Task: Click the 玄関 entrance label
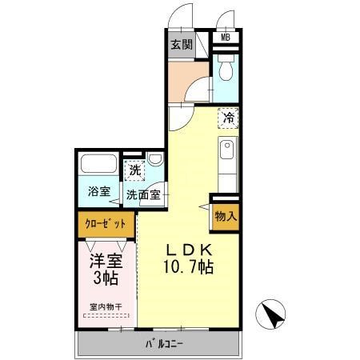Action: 182,45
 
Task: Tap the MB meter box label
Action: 226,38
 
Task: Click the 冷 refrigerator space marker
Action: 229,118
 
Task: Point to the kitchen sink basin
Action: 226,150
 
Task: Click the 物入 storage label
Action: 226,217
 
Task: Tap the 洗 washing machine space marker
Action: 134,170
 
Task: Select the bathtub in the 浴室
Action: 98,163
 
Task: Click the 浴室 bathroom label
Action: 99,191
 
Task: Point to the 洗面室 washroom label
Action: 143,195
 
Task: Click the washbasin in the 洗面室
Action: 155,159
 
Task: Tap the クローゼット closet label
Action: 106,224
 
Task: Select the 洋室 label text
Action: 106,261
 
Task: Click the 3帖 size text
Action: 106,278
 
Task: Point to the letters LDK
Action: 189,250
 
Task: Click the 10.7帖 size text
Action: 189,267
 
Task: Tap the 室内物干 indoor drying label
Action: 106,307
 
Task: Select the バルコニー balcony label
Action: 164,344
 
